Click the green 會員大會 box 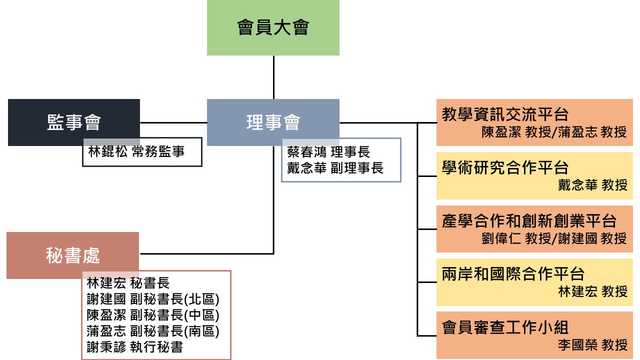click(273, 27)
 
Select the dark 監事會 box click(74, 122)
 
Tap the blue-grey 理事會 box click(273, 122)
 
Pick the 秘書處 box click(72, 255)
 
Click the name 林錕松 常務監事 click(136, 151)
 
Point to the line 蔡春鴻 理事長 click(328, 151)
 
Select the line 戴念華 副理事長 click(335, 168)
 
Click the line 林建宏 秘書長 click(128, 283)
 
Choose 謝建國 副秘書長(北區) click(153, 299)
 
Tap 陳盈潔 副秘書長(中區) click(153, 315)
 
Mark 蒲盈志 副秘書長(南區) click(153, 331)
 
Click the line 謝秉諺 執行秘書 click(134, 347)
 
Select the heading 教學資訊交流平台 click(505, 114)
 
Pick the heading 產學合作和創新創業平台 click(529, 220)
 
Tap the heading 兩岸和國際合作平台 click(513, 274)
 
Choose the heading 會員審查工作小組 click(505, 327)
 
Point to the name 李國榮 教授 click(592, 344)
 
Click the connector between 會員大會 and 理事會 click(273, 77)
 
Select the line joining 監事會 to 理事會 click(173, 122)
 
